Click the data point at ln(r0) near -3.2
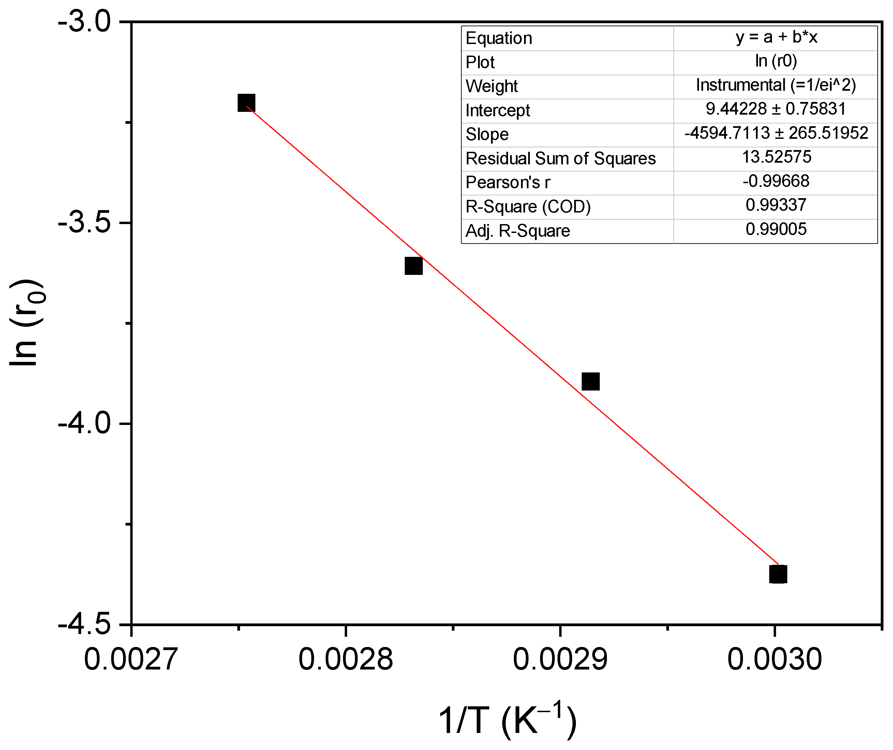[x=246, y=103]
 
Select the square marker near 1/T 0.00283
[x=413, y=266]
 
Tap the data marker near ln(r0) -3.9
[x=591, y=382]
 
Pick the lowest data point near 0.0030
[x=778, y=574]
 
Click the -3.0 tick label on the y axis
[x=85, y=22]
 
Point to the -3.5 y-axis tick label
[x=85, y=223]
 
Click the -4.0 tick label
[x=85, y=424]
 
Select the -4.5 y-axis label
[x=85, y=624]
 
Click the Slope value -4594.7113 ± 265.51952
[x=776, y=133]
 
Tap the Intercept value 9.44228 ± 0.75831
[x=776, y=109]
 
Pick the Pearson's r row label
[x=508, y=182]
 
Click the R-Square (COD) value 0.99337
[x=776, y=205]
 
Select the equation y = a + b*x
[x=776, y=38]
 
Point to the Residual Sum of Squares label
[x=561, y=158]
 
